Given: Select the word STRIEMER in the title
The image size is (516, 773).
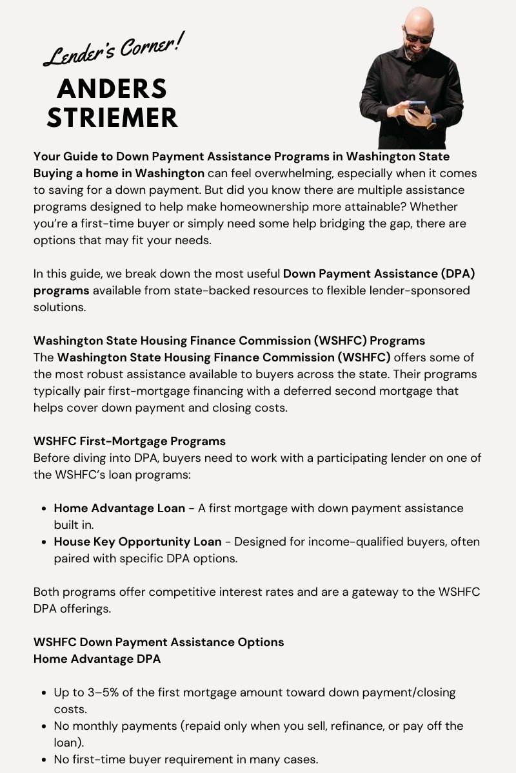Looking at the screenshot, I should (112, 118).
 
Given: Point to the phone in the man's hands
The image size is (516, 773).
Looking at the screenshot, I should (416, 107).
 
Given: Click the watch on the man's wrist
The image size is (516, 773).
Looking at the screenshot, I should (432, 121).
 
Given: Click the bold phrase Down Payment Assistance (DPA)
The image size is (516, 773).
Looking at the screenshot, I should (379, 273).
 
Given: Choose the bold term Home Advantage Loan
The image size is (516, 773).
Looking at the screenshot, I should (119, 508).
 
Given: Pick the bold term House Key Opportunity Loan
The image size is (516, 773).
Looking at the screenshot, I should (137, 542).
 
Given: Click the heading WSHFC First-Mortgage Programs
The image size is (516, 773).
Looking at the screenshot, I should (130, 441).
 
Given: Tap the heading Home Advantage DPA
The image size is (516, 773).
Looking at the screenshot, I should (97, 659).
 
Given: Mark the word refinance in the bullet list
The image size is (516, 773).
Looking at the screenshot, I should (370, 726).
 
